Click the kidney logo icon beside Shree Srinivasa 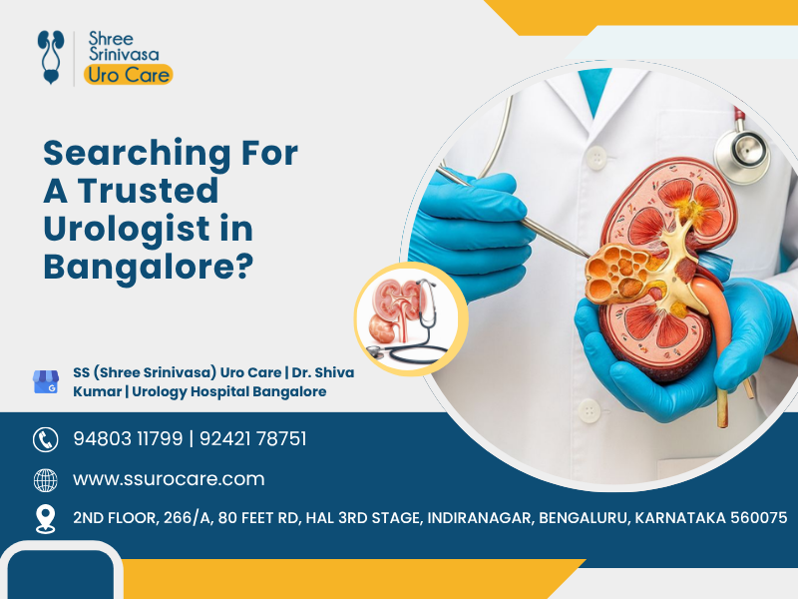click(x=51, y=57)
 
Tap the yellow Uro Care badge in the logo click(x=129, y=75)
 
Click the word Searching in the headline click(x=137, y=154)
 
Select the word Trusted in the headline click(x=148, y=191)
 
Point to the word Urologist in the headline click(x=127, y=230)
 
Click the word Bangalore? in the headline click(x=149, y=266)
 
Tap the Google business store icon click(x=46, y=381)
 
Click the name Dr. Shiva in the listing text click(x=322, y=372)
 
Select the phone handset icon click(x=46, y=439)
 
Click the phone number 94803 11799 click(x=128, y=438)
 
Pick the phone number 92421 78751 click(x=253, y=438)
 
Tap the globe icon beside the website click(x=46, y=480)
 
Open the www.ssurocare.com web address click(x=169, y=479)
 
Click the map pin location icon click(x=46, y=519)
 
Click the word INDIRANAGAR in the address click(x=480, y=518)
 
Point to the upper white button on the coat click(x=597, y=158)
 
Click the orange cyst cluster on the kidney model click(x=616, y=273)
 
